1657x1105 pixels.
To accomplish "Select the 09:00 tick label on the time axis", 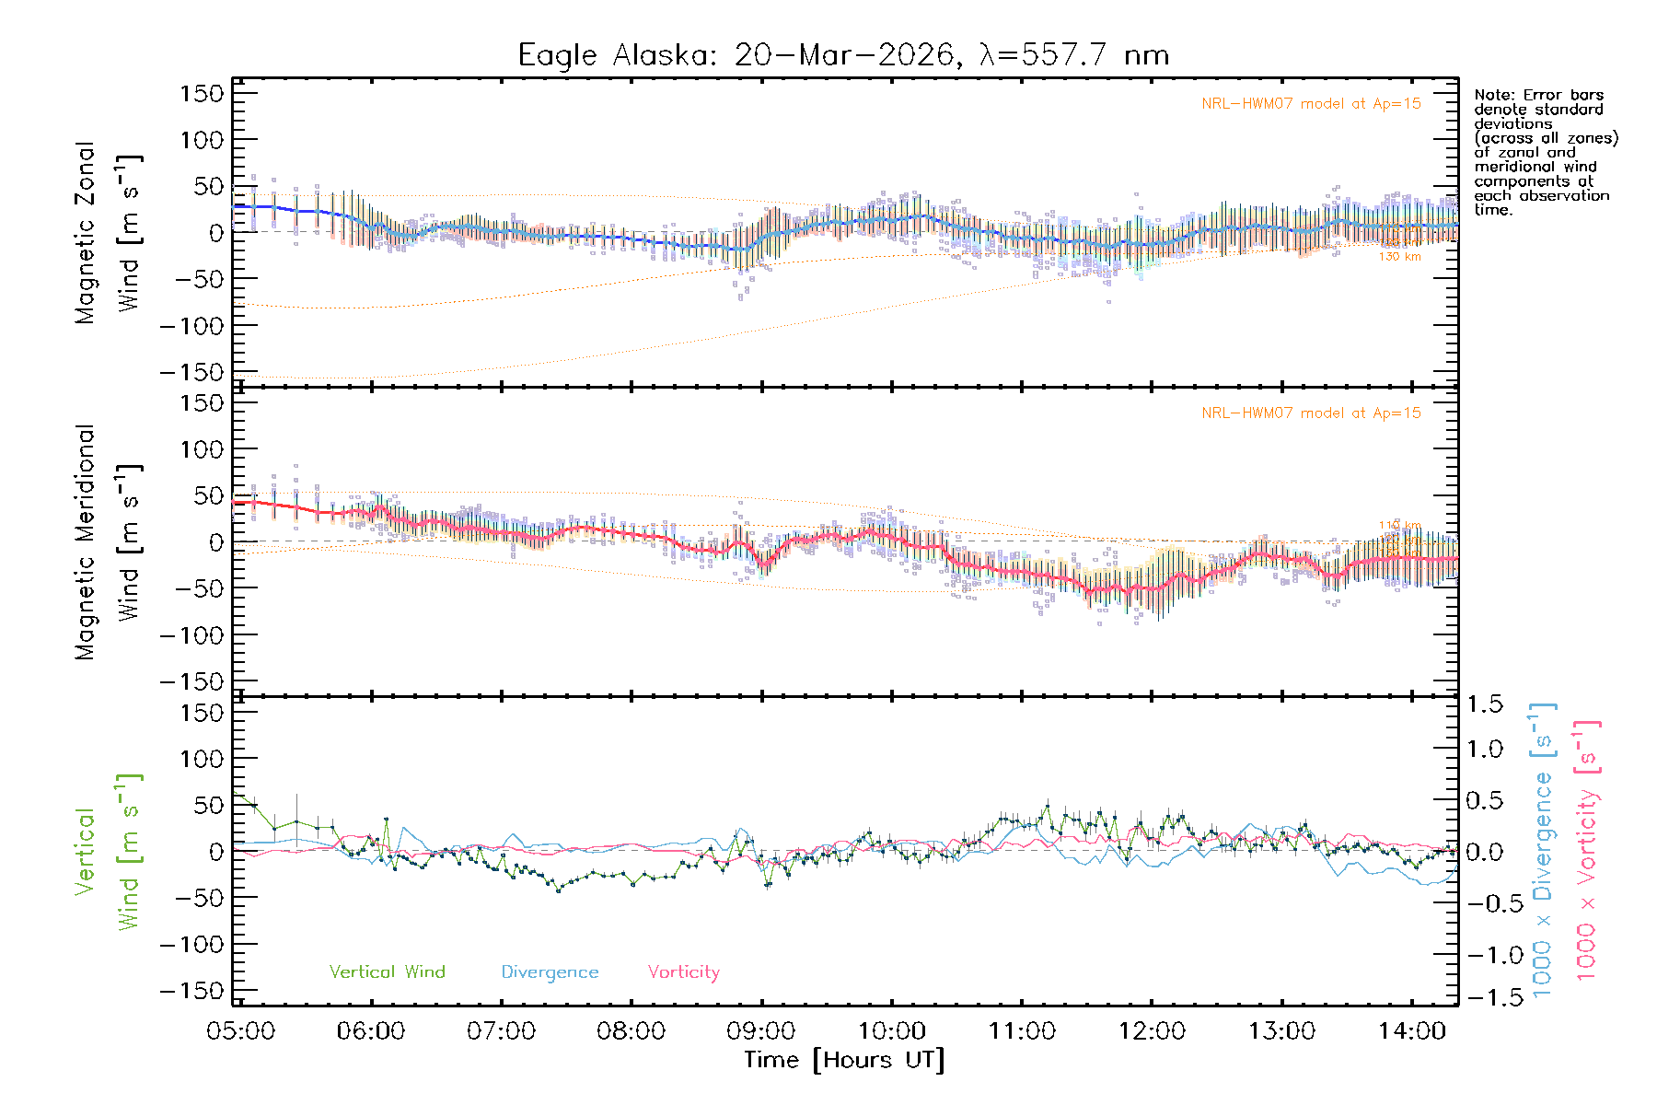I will coord(760,1031).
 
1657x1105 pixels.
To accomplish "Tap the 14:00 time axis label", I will coord(1411,1031).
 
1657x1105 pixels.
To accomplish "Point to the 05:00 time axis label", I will coord(240,1031).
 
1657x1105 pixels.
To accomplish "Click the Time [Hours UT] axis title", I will coord(844,1061).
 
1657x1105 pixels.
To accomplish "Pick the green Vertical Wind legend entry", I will coord(387,972).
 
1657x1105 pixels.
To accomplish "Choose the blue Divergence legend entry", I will coord(550,972).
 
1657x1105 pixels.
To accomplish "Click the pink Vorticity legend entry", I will coord(683,972).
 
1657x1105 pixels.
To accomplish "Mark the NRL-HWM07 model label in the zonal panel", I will coord(1311,104).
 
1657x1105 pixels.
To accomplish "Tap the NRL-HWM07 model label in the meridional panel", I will coord(1311,413).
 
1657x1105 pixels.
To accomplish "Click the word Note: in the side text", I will coord(1495,95).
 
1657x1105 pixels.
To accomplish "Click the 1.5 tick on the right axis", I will coord(1485,704).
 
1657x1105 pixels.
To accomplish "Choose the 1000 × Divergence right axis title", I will coord(1543,852).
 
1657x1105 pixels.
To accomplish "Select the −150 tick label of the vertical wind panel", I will coord(191,991).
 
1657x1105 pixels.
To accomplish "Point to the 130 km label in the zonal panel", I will coord(1399,257).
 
